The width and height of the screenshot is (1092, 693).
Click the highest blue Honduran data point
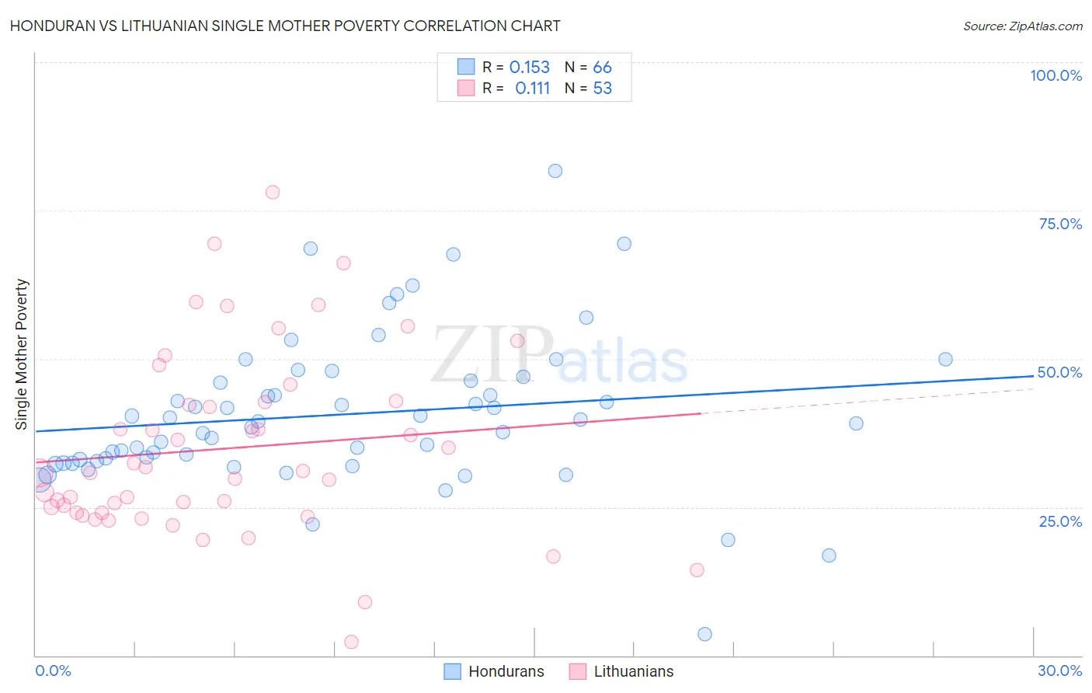pyautogui.click(x=555, y=171)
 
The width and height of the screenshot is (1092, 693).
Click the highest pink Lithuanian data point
pyautogui.click(x=272, y=192)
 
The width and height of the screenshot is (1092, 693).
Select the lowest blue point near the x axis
pyautogui.click(x=704, y=634)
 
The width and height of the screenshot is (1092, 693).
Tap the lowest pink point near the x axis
pyautogui.click(x=351, y=642)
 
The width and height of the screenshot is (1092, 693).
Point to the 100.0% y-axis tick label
pyautogui.click(x=1055, y=75)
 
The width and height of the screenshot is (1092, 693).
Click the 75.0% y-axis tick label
pyautogui.click(x=1060, y=224)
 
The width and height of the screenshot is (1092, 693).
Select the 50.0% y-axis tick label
pyautogui.click(x=1059, y=372)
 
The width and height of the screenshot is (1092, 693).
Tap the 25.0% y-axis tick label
pyautogui.click(x=1060, y=521)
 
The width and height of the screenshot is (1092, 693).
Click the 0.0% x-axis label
pyautogui.click(x=53, y=670)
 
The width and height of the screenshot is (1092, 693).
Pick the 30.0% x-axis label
pyautogui.click(x=1059, y=670)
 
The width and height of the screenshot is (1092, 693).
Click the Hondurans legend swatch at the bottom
pyautogui.click(x=452, y=671)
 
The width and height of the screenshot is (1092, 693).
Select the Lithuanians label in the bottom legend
pyautogui.click(x=633, y=671)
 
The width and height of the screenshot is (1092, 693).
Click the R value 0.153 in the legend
pyautogui.click(x=529, y=68)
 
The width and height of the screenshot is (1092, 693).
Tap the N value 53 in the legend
pyautogui.click(x=602, y=89)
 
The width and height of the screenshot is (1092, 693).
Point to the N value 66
pyautogui.click(x=602, y=68)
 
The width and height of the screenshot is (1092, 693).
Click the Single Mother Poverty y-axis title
pyautogui.click(x=22, y=354)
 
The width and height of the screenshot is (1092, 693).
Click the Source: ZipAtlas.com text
pyautogui.click(x=1022, y=26)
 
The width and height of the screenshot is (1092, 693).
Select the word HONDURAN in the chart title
pyautogui.click(x=49, y=26)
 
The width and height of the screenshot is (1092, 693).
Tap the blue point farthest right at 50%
pyautogui.click(x=945, y=359)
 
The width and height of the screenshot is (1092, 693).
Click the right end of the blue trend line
pyautogui.click(x=1033, y=376)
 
